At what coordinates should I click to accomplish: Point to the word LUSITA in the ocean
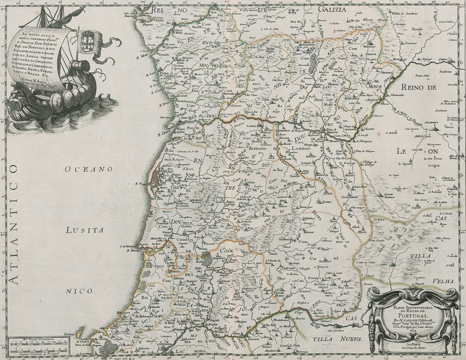coord(85,230)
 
